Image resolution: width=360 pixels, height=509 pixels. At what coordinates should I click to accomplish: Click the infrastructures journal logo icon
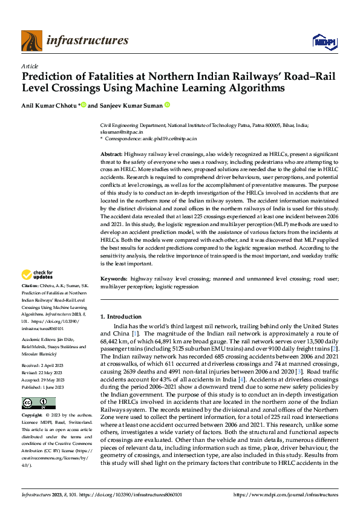tap(31, 41)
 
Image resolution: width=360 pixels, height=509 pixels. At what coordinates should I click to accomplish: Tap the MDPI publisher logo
tap(323, 41)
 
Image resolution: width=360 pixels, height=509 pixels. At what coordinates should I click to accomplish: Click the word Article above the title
tap(30, 65)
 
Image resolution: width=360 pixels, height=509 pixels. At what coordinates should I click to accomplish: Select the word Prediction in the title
tap(48, 77)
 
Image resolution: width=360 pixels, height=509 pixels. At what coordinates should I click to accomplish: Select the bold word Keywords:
tap(114, 279)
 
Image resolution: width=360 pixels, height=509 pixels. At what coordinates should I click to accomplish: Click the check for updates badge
tap(38, 275)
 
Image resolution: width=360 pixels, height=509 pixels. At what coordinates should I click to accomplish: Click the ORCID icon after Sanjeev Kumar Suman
tap(167, 105)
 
